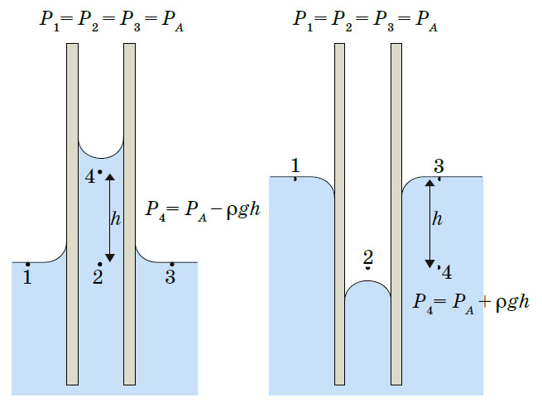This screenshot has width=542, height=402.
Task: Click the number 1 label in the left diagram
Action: pos(27,278)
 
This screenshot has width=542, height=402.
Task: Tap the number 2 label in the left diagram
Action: pos(98,278)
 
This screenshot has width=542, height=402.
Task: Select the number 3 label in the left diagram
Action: pos(170,278)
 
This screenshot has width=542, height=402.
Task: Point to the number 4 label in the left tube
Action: pos(91,176)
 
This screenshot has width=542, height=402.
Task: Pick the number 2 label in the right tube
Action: pos(368,257)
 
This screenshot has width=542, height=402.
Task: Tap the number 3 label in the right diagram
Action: pos(439,165)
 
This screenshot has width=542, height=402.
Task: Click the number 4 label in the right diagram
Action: pos(447,272)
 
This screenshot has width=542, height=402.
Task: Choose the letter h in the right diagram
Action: pos(438,220)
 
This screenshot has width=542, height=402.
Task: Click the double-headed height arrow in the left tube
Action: pos(110,217)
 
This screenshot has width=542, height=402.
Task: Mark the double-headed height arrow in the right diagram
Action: pos(429,223)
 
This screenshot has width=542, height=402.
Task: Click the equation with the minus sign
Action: pos(203,208)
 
